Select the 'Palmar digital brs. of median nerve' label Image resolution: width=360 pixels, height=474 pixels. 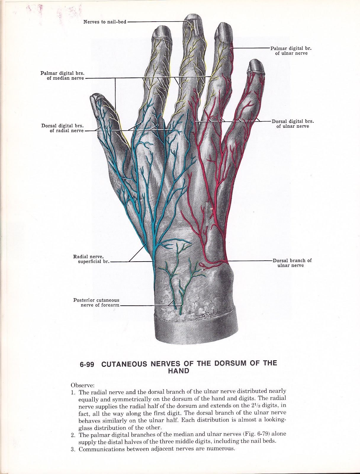click(62, 76)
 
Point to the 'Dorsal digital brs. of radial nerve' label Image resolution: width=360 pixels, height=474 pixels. click(62, 128)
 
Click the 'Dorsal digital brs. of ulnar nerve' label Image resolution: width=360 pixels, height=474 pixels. click(292, 124)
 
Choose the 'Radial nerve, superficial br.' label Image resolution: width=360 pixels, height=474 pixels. click(90, 259)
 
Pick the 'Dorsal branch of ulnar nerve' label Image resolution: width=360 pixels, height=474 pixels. click(292, 263)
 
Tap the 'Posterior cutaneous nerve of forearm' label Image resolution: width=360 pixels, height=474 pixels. click(96, 303)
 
